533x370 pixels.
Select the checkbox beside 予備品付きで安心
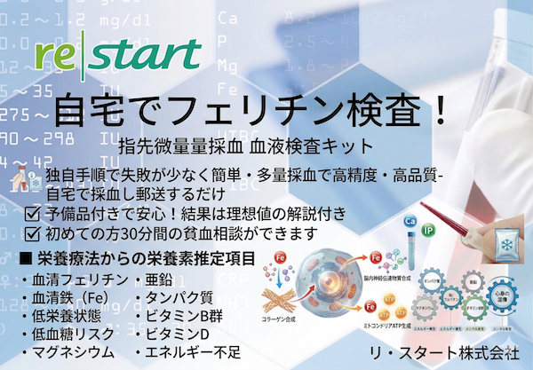pyautogui.click(x=32, y=215)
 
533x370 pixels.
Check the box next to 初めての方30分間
pyautogui.click(x=32, y=234)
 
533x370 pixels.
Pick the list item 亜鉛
pyautogui.click(x=160, y=281)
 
